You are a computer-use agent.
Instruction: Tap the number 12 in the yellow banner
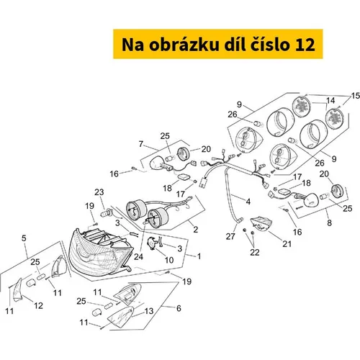pos(305,45)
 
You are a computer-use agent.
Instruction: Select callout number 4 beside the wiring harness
pos(248,202)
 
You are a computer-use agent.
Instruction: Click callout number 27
pos(230,236)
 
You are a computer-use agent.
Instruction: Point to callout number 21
pos(287,244)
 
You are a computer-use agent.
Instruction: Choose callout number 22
pos(255,252)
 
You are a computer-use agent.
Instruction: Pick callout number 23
pos(99,192)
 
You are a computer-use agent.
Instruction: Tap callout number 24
pos(138,257)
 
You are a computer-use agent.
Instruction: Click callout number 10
pos(169,260)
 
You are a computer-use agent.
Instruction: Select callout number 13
pos(149,311)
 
